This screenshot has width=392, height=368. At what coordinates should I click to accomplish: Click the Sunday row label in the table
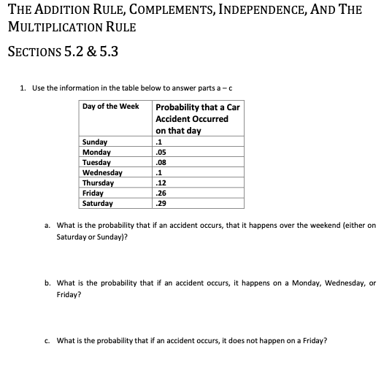pyautogui.click(x=96, y=142)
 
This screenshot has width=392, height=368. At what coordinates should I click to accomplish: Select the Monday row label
pyautogui.click(x=97, y=153)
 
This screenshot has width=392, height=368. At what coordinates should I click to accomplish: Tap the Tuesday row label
pyautogui.click(x=97, y=163)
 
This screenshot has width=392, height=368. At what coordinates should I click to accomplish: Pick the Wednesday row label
pyautogui.click(x=102, y=173)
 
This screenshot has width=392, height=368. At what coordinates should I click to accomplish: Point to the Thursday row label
pyautogui.click(x=99, y=183)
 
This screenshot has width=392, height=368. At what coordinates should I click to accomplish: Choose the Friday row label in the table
pyautogui.click(x=93, y=193)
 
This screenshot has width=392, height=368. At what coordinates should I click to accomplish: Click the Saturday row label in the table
pyautogui.click(x=99, y=204)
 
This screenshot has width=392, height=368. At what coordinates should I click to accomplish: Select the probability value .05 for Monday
pyautogui.click(x=161, y=153)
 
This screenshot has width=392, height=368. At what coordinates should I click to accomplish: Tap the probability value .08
pyautogui.click(x=161, y=163)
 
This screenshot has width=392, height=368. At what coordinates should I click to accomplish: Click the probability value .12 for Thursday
pyautogui.click(x=161, y=183)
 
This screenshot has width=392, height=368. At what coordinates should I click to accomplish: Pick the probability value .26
pyautogui.click(x=161, y=193)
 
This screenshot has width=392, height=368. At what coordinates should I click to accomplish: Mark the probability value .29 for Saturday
pyautogui.click(x=161, y=204)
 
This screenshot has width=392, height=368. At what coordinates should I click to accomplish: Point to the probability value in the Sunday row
pyautogui.click(x=160, y=142)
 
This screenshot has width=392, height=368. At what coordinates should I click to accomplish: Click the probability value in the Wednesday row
pyautogui.click(x=160, y=173)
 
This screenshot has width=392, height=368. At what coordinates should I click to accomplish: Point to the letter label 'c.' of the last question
pyautogui.click(x=47, y=340)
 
